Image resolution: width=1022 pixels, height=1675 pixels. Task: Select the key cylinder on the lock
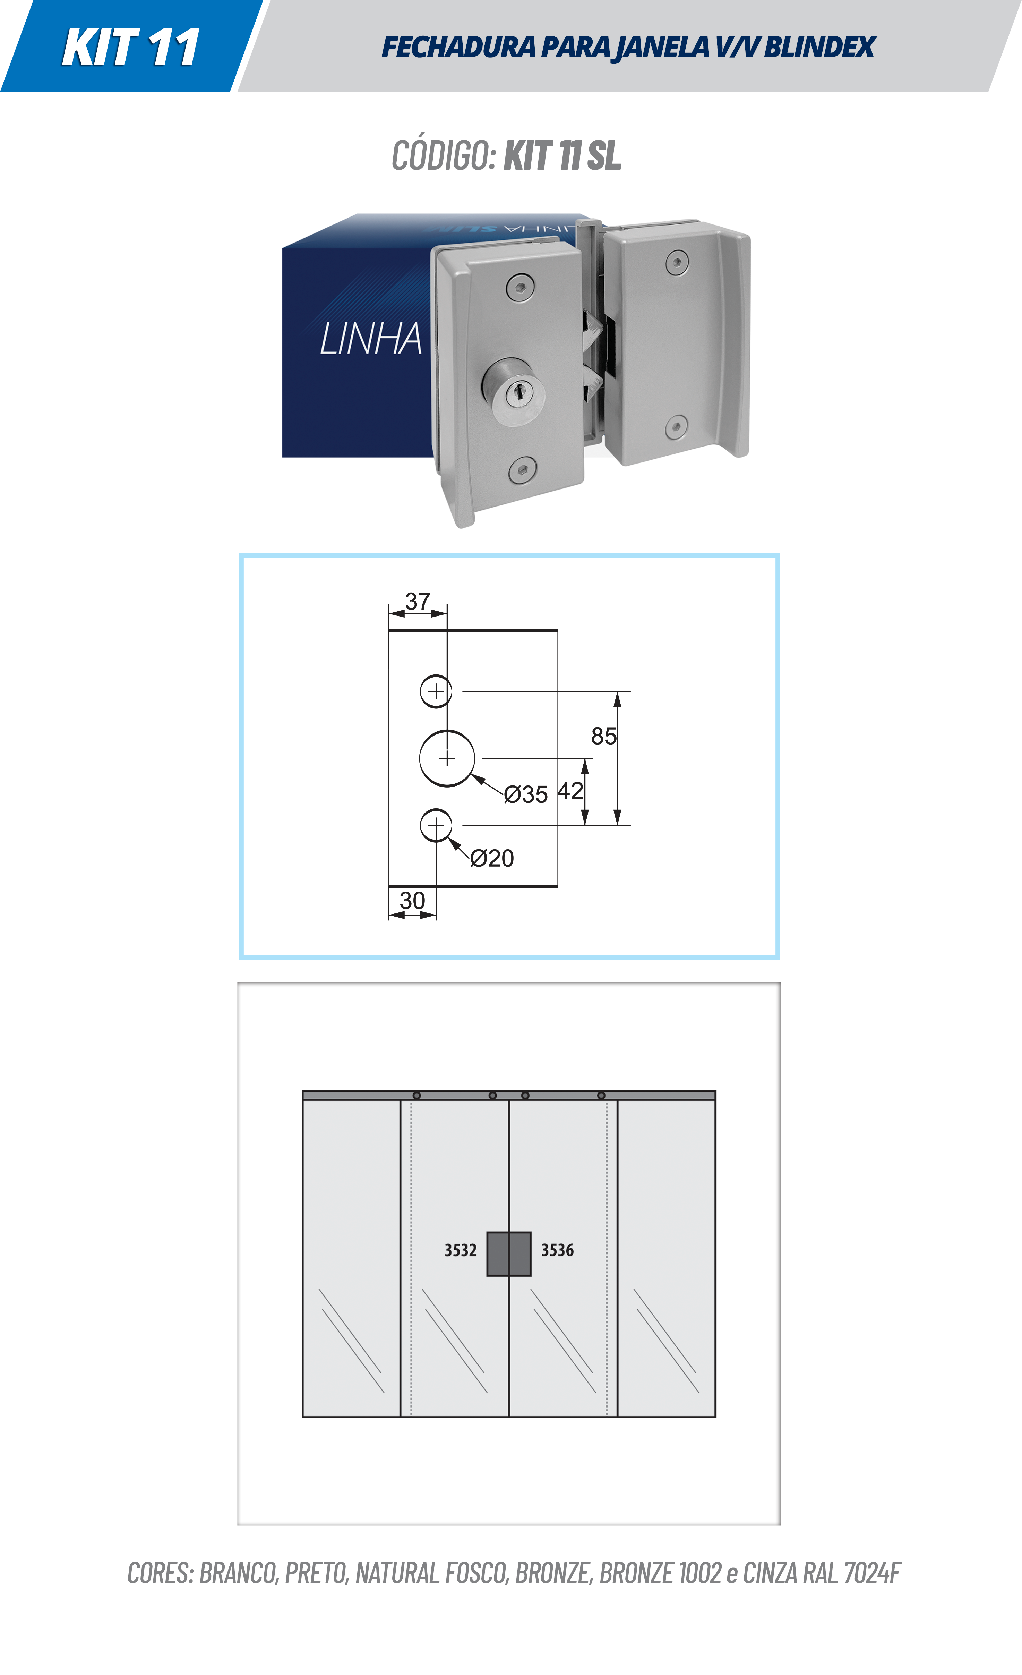(x=513, y=392)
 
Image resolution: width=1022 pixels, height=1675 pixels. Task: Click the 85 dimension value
(x=603, y=736)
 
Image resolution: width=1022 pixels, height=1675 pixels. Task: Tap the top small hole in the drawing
(x=436, y=691)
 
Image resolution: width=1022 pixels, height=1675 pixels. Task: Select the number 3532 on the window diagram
(x=461, y=1250)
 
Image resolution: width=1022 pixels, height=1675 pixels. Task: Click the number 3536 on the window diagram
(x=557, y=1250)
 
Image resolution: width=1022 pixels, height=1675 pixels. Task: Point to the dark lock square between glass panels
(x=509, y=1253)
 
